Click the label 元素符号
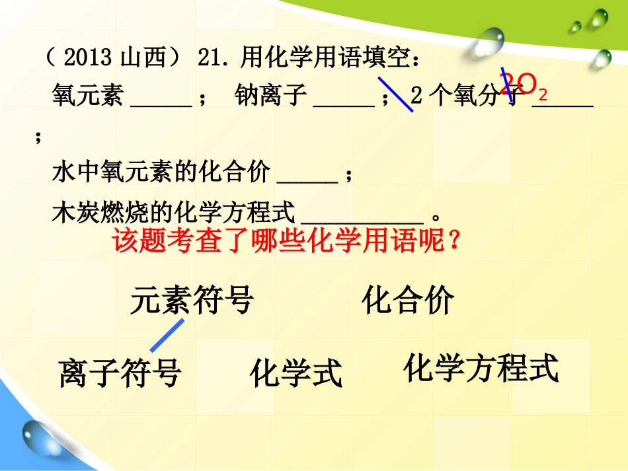pyautogui.click(x=192, y=301)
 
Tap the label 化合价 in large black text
pyautogui.click(x=408, y=301)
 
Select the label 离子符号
pyautogui.click(x=120, y=373)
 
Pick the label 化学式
pyautogui.click(x=296, y=374)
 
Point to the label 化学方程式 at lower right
pyautogui.click(x=481, y=369)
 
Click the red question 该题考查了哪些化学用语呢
pyautogui.click(x=286, y=242)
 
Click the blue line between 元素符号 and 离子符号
pyautogui.click(x=167, y=335)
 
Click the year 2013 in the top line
pyautogui.click(x=89, y=59)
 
